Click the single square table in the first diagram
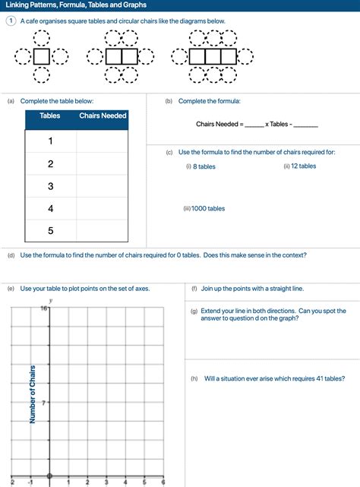(x=43, y=55)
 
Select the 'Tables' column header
(x=50, y=115)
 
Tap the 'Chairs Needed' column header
(x=103, y=115)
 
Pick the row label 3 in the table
(x=50, y=186)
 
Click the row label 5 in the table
(x=50, y=230)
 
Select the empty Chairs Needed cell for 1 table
(x=103, y=141)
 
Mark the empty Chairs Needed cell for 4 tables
(x=103, y=208)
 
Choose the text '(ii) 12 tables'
(x=299, y=166)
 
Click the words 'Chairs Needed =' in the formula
(x=219, y=124)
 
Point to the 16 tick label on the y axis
(x=43, y=308)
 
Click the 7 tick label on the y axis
(x=45, y=403)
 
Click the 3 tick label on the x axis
(x=106, y=482)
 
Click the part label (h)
(x=194, y=378)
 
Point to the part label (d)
(x=11, y=255)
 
